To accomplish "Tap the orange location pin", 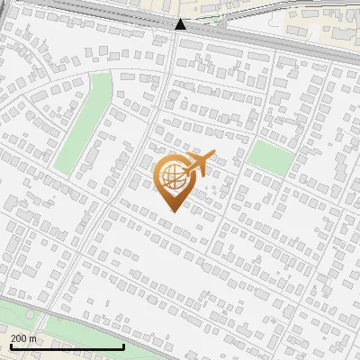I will [173, 180].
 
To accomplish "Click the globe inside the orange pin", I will [172, 174].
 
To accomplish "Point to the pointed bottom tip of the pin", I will [173, 211].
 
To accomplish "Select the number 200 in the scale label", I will [19, 338].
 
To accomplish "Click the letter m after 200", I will [32, 338].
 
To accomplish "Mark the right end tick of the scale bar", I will [122, 346].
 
